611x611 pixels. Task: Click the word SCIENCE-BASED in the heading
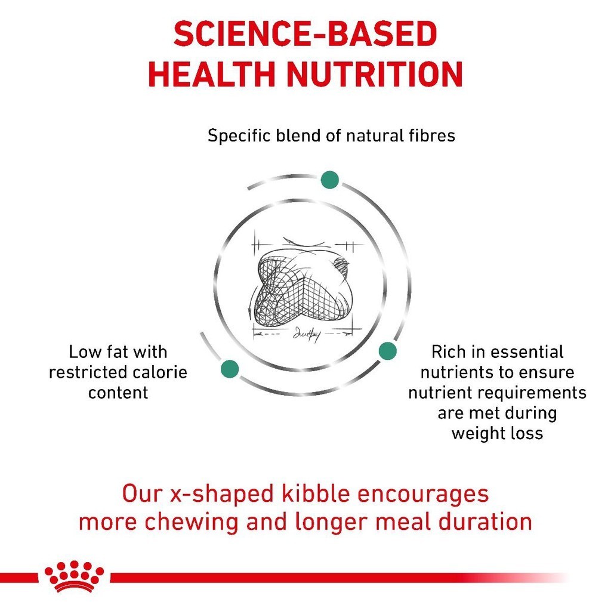[305, 36]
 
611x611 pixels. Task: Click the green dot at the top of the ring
[329, 180]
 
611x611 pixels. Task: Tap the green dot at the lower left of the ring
[230, 369]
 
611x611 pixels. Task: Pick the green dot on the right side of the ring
[387, 351]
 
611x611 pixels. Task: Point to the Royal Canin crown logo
[74, 576]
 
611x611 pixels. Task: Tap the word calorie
[158, 373]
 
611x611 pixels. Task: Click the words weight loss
[497, 433]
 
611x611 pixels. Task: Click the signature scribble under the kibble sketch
[305, 334]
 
